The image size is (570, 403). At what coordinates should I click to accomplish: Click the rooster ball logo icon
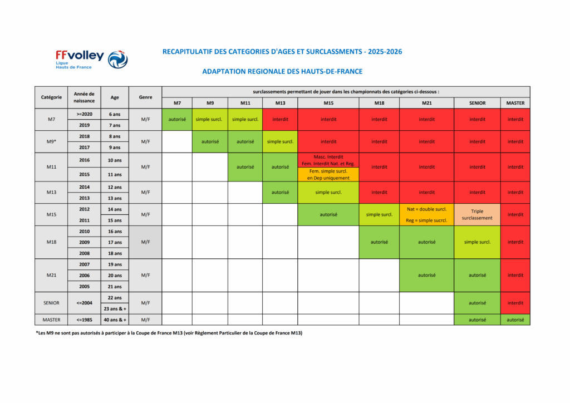coord(118,60)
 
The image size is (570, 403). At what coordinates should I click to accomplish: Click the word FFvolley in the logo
coord(80,56)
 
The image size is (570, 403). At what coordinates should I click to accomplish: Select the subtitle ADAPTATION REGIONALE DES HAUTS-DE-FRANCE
coord(282,72)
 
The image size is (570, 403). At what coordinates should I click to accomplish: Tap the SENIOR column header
coord(477,103)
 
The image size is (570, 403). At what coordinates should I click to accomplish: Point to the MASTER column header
coord(515,103)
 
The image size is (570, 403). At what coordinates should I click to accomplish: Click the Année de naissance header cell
coord(85,97)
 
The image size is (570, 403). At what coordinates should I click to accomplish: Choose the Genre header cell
coord(145,97)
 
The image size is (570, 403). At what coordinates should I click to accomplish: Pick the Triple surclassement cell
coord(477,215)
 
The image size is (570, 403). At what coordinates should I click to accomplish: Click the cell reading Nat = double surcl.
coord(427,209)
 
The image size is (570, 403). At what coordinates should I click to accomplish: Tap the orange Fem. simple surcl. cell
coord(328,174)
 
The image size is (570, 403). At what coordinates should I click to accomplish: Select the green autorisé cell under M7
coord(177,119)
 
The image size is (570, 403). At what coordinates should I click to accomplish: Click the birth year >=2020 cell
coord(85,114)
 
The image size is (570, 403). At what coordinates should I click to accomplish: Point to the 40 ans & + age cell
coord(115,320)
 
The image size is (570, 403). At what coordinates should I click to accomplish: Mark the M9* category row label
coord(51,141)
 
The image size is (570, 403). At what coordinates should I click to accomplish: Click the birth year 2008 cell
coord(85,253)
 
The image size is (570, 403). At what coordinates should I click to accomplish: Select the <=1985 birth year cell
coord(85,320)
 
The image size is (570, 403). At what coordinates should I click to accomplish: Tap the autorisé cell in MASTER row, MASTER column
coord(515,320)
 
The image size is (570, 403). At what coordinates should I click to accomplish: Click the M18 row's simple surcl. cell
coord(477,242)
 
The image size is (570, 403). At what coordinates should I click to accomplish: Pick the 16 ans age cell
coord(115,232)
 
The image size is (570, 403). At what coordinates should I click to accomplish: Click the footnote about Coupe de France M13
coord(169,333)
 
